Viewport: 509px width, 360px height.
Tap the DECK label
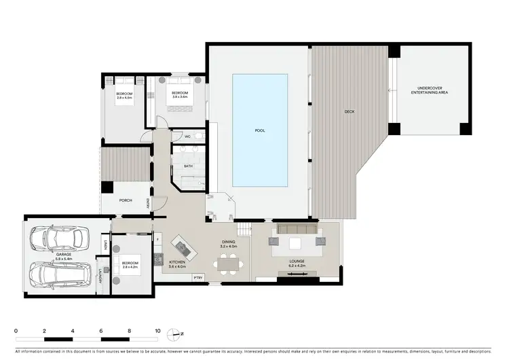coord(349,111)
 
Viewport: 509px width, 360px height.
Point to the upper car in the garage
coord(60,238)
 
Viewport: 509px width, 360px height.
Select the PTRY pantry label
coord(197,278)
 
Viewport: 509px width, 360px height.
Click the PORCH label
coord(126,200)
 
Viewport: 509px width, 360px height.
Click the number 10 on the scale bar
coord(157,331)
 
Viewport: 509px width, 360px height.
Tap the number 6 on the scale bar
coord(100,331)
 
